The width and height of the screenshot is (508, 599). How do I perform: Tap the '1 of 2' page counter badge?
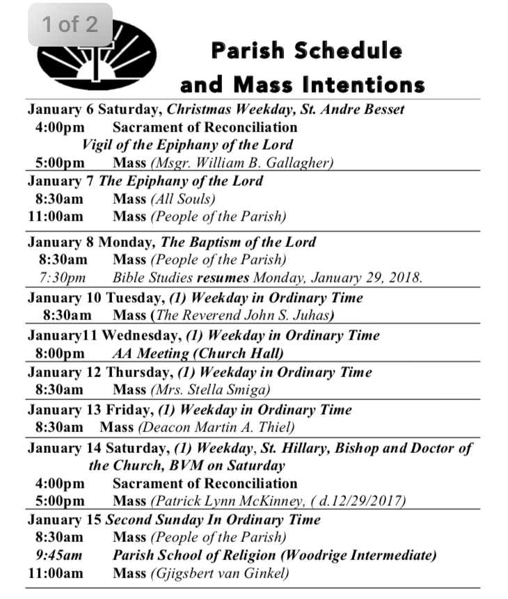(x=70, y=25)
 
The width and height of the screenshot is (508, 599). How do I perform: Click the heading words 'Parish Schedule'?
(x=306, y=51)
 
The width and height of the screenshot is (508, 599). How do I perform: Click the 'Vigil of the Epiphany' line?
(x=187, y=145)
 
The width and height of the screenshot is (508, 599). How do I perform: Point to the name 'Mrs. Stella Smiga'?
(x=212, y=390)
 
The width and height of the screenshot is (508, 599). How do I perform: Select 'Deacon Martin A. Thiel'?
(x=216, y=428)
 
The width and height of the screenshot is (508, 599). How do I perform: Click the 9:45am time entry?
(x=59, y=556)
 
